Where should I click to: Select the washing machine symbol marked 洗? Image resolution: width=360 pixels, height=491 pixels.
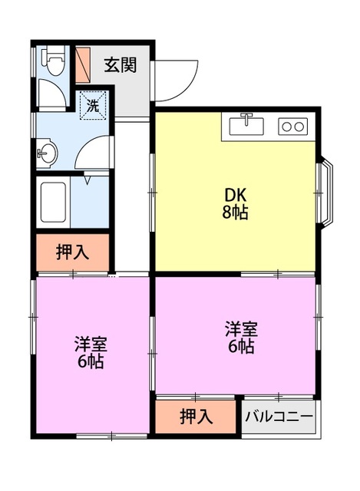point(92,105)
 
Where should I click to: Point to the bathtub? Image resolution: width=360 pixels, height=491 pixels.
point(54,203)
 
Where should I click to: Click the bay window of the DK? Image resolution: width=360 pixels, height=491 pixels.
point(325,192)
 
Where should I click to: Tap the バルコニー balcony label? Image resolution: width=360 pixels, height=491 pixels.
point(279,417)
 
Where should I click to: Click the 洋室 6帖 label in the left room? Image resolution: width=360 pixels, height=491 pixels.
point(90,352)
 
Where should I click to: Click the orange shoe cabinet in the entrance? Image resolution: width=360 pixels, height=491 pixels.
point(84,64)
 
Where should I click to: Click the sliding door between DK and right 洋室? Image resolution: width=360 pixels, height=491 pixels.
point(277,274)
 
